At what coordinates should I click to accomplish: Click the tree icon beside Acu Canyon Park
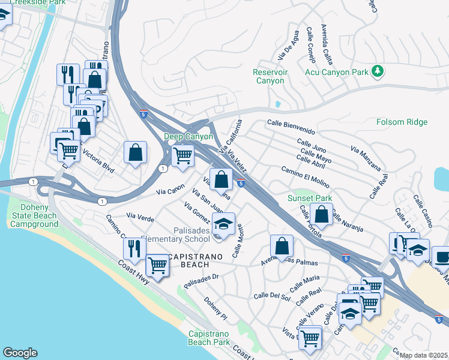tap(378, 72)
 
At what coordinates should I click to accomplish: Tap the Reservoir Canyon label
tap(270, 77)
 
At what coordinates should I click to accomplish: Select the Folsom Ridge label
tap(402, 122)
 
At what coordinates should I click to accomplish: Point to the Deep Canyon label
tap(189, 136)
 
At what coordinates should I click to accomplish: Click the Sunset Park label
tap(310, 198)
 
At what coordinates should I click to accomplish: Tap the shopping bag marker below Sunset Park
tap(322, 215)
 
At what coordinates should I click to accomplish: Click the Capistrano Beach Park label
tap(209, 338)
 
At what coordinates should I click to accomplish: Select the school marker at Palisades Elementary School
tap(223, 225)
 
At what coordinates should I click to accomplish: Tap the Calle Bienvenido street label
tap(291, 130)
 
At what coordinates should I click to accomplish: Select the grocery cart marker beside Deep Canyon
tap(182, 156)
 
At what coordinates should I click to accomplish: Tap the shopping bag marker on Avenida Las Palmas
tap(282, 246)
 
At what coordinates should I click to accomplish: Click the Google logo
tap(20, 353)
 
